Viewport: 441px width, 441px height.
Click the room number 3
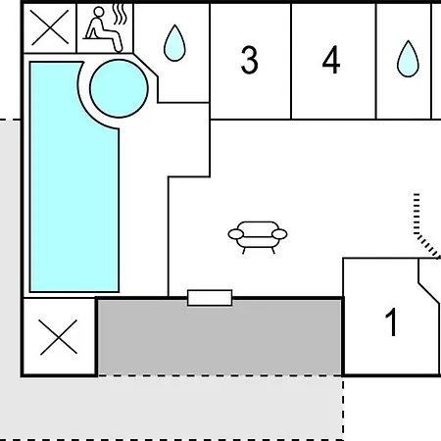click(249, 60)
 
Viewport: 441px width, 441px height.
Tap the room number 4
click(331, 60)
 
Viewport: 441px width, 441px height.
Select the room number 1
click(391, 322)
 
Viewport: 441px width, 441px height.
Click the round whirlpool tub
click(119, 88)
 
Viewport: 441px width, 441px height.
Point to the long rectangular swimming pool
click(73, 196)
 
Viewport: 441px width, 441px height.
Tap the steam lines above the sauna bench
click(120, 15)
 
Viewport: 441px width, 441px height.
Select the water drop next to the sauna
click(174, 43)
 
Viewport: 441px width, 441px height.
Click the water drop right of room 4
click(408, 59)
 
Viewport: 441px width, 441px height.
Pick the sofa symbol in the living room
click(258, 237)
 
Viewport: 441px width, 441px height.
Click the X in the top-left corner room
click(50, 27)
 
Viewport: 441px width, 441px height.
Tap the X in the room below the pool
click(59, 337)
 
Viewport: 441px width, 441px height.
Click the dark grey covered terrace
click(220, 337)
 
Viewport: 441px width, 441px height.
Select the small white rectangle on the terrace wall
click(210, 298)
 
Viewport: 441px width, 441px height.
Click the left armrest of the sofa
click(236, 234)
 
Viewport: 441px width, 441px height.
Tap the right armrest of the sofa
click(279, 234)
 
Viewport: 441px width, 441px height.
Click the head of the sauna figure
click(99, 12)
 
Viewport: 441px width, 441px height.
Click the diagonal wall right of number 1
click(428, 294)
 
